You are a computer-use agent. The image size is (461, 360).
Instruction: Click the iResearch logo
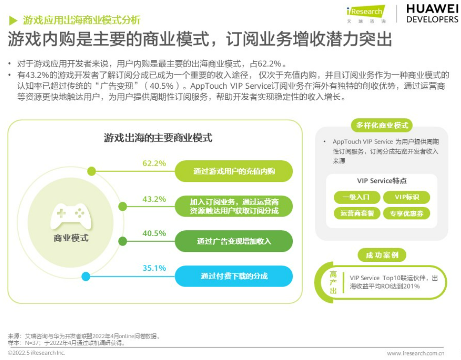pos(366,14)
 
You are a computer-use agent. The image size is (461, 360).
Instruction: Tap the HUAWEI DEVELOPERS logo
pos(432,14)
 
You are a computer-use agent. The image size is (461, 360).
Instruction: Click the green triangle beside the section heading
pos(13,20)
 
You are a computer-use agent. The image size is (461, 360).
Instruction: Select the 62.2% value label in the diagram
pos(154,163)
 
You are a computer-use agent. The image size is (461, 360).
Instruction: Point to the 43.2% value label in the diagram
pos(154,199)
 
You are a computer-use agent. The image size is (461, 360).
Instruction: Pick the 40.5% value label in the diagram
pos(154,233)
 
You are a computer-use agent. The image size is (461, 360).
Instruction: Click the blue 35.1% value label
pos(154,268)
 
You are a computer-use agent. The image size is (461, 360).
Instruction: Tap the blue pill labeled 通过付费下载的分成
pos(234,276)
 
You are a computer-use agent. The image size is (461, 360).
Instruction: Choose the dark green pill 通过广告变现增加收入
pos(234,241)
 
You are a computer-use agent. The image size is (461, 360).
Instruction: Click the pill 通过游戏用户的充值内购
pos(234,171)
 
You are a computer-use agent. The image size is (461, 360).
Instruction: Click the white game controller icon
pos(71,216)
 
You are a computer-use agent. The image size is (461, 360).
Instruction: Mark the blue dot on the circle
pos(86,277)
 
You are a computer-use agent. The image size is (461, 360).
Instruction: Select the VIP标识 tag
pos(407,197)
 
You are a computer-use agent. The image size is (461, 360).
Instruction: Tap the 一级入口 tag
pos(357,197)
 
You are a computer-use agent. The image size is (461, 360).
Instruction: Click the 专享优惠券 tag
pos(407,213)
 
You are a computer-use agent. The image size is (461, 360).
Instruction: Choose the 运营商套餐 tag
pos(357,213)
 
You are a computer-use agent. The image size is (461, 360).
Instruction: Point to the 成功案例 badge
pos(382,255)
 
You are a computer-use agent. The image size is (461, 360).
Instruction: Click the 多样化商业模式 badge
pos(382,126)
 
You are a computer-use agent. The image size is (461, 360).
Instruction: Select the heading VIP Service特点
pos(382,180)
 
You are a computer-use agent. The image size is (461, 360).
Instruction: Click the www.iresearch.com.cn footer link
pos(416,353)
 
